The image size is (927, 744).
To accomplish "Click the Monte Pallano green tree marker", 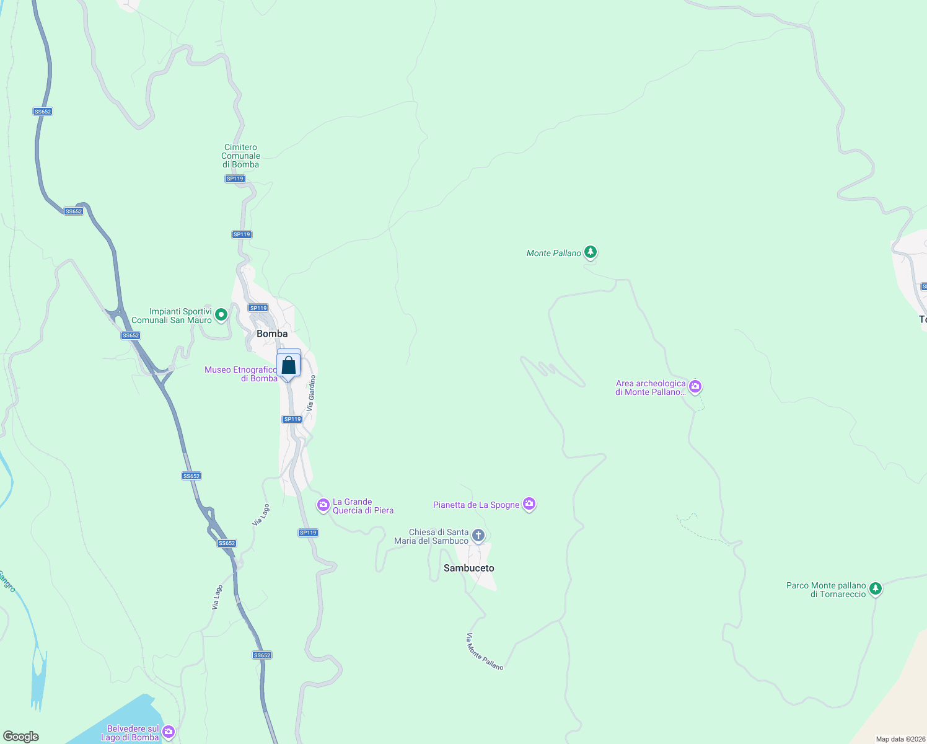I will tap(591, 252).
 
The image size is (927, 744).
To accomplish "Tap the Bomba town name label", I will tap(272, 334).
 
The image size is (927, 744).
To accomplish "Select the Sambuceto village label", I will tap(469, 568).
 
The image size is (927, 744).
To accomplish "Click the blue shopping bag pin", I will tap(289, 365).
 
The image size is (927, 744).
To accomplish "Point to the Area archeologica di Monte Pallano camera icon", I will tap(695, 387).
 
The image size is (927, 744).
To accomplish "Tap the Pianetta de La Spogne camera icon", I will tap(529, 504).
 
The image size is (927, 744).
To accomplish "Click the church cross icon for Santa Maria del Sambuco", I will tap(478, 535).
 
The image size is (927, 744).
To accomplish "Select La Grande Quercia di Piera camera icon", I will tap(323, 505).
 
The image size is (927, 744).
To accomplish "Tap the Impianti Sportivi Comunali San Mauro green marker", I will tap(221, 315).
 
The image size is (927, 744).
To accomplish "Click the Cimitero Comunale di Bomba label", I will tap(241, 156).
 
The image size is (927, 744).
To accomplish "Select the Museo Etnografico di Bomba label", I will tap(241, 374).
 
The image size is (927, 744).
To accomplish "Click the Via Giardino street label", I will tap(312, 393).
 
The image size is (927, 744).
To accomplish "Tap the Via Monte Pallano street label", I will tap(485, 651).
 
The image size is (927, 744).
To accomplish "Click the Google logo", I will tap(21, 737).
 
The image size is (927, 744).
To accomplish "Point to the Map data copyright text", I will tap(900, 739).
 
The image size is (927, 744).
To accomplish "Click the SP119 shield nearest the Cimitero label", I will tap(235, 179).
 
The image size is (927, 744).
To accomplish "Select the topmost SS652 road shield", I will tap(43, 112).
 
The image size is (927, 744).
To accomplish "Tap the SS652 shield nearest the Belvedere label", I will tap(262, 655).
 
